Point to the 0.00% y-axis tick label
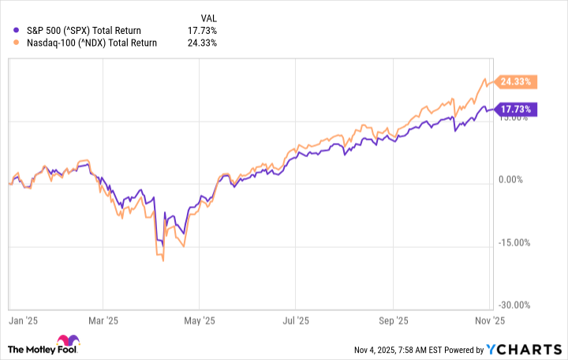tap(518, 180)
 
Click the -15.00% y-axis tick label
tap(516, 242)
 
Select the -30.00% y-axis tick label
tap(516, 305)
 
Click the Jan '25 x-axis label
tap(18, 321)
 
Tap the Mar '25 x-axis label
tap(103, 321)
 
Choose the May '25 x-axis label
tap(200, 321)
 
